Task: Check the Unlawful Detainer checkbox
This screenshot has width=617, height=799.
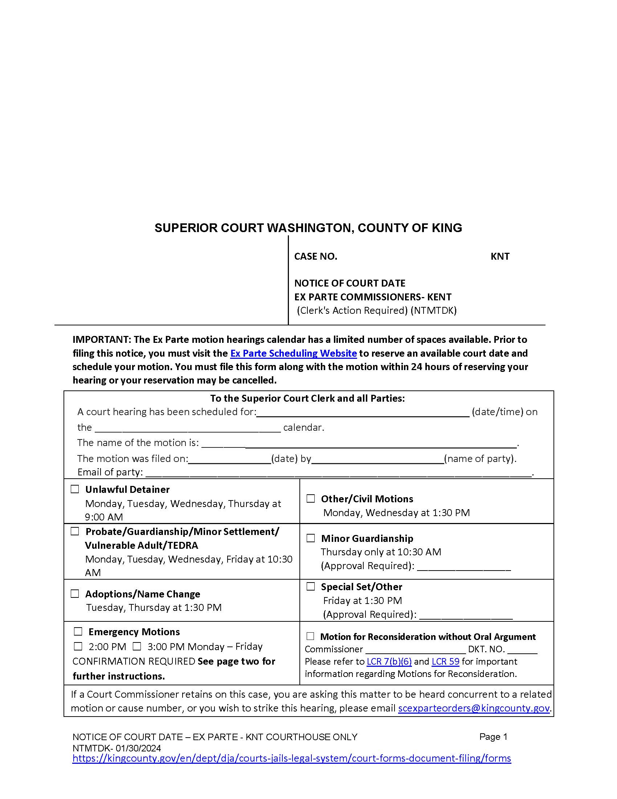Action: click(75, 489)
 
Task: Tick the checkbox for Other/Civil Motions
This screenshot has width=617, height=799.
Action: click(311, 499)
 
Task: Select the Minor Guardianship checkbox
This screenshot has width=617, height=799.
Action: click(311, 538)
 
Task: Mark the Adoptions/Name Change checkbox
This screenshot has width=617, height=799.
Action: click(75, 593)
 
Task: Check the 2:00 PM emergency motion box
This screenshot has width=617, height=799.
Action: click(78, 646)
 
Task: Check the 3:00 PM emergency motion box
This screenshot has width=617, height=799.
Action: click(137, 646)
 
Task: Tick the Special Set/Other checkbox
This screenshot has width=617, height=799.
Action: click(311, 586)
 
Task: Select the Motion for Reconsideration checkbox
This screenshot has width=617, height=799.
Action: click(310, 636)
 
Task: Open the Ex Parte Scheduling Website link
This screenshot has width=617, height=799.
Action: click(293, 353)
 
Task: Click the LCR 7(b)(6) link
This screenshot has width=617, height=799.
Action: click(389, 661)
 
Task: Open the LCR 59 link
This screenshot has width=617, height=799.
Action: click(445, 661)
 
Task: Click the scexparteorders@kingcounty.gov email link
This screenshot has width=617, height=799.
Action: click(474, 708)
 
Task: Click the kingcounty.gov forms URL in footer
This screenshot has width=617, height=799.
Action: click(291, 758)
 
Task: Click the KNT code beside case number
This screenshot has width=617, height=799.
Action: click(500, 256)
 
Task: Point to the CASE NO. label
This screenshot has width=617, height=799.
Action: click(315, 256)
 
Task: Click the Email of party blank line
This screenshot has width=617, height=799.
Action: click(338, 472)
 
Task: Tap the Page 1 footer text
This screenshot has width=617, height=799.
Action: click(493, 737)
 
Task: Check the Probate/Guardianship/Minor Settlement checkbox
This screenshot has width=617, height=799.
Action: click(75, 531)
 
